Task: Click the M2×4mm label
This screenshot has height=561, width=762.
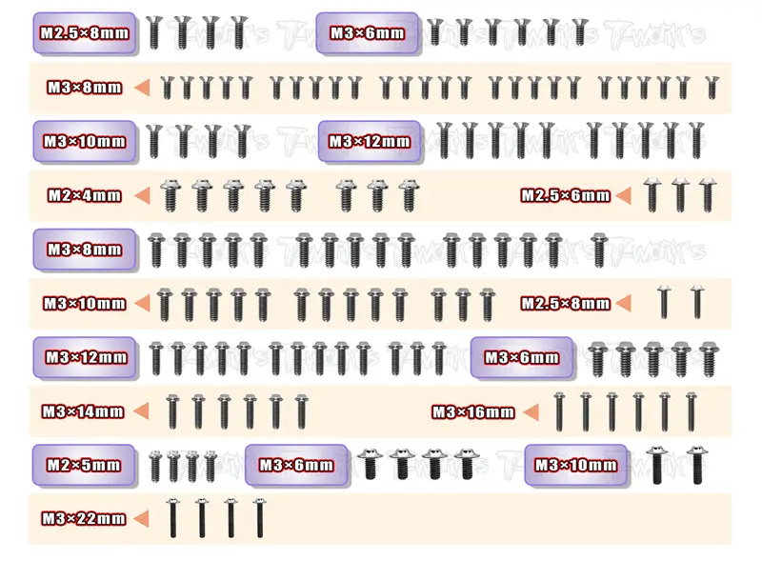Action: (x=84, y=195)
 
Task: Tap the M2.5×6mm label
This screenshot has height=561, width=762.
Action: (x=565, y=195)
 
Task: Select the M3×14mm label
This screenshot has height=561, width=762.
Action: (x=83, y=411)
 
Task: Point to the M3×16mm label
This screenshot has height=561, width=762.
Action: (x=472, y=412)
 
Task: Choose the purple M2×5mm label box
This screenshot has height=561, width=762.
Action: (x=84, y=465)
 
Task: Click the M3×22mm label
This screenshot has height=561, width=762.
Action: (x=84, y=519)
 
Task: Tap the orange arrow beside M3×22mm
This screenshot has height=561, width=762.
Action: (x=141, y=519)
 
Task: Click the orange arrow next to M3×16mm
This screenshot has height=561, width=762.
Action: (x=531, y=412)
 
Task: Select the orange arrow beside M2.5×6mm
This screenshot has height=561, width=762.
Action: (x=623, y=195)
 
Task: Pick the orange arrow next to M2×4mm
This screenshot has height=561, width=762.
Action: (x=142, y=196)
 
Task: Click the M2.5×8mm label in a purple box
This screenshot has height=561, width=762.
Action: (x=85, y=33)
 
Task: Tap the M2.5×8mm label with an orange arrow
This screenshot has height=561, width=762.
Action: (x=565, y=303)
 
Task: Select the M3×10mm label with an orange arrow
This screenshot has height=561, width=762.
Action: (x=85, y=303)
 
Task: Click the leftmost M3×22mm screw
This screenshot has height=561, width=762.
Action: (x=173, y=518)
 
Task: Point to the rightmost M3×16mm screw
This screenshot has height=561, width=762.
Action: (x=691, y=411)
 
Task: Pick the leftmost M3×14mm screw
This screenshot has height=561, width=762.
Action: (x=172, y=411)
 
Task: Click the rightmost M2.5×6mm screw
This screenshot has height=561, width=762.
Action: (x=708, y=195)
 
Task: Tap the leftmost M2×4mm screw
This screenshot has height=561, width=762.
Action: (x=170, y=195)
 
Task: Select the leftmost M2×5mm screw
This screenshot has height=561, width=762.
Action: (x=155, y=466)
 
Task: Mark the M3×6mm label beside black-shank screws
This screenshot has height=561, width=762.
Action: (x=296, y=465)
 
